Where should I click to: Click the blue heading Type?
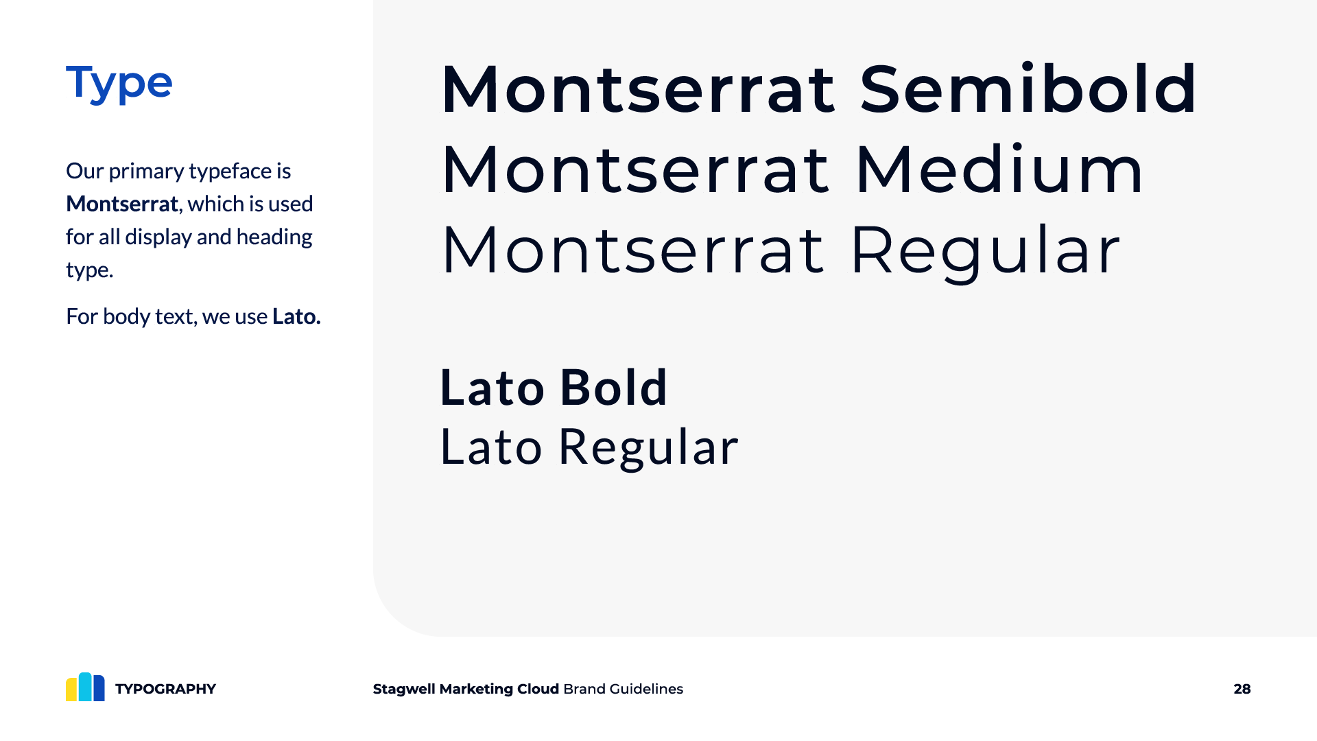click(x=119, y=84)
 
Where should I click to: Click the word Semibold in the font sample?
click(x=1028, y=89)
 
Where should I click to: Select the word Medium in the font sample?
click(x=999, y=169)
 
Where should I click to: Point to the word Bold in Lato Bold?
click(x=613, y=388)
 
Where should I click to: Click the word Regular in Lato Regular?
click(x=648, y=447)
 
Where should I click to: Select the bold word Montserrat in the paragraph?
click(x=122, y=204)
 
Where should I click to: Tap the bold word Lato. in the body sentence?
click(x=296, y=316)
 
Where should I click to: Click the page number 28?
click(x=1242, y=689)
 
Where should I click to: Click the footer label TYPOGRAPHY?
click(x=165, y=689)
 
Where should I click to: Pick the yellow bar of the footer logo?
click(x=72, y=689)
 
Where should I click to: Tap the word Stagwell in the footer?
click(x=404, y=690)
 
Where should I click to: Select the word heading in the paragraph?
click(x=274, y=237)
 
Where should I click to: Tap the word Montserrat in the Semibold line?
click(x=639, y=89)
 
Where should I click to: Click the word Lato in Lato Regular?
click(x=491, y=447)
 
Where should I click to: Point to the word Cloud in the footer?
click(x=538, y=689)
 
